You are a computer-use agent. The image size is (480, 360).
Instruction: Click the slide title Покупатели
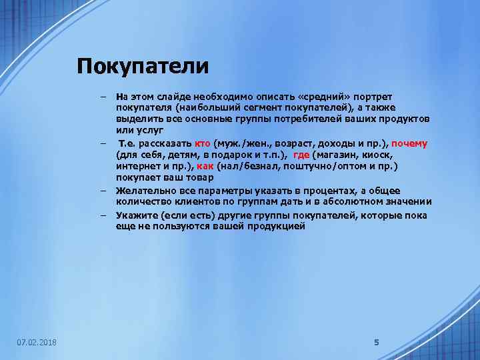(143, 66)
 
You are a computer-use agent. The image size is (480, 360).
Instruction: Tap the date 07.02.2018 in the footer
(37, 342)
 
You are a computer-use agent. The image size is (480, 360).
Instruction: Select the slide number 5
(376, 342)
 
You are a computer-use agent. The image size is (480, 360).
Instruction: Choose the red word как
(204, 166)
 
